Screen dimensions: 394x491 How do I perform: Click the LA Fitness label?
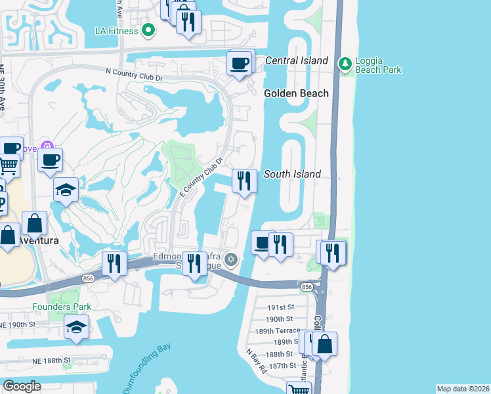tap(116, 31)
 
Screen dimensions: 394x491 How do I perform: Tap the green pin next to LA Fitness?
tap(149, 30)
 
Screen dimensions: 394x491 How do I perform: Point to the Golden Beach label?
tap(296, 93)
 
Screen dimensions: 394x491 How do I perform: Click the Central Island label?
tap(296, 60)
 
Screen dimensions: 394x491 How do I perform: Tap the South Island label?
tap(292, 174)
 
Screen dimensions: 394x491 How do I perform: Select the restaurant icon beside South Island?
tap(245, 181)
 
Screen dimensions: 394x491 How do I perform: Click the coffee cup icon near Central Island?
tap(240, 64)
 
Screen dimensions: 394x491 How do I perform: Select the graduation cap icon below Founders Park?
tap(77, 327)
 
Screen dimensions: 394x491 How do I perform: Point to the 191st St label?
tap(281, 307)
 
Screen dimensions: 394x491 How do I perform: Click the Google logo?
tap(22, 386)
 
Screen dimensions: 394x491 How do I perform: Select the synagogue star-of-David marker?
tap(230, 259)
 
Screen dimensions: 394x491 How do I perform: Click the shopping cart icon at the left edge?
tap(7, 165)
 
